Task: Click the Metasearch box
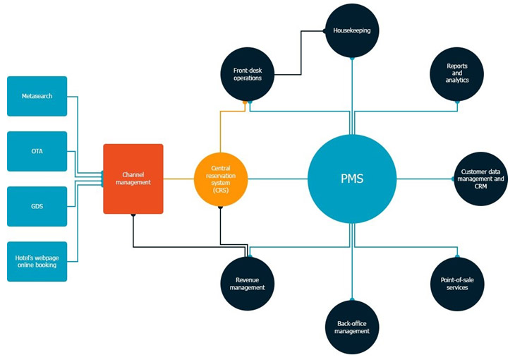(x=37, y=96)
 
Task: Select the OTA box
(x=37, y=151)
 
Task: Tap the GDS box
(x=37, y=206)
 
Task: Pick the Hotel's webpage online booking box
(x=37, y=261)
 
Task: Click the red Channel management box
(x=133, y=179)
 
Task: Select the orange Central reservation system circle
(x=221, y=179)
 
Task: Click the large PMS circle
(x=351, y=179)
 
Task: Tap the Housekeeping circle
(x=351, y=31)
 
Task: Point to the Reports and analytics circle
(x=457, y=74)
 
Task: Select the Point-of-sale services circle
(x=457, y=283)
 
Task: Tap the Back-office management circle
(x=351, y=327)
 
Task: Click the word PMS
(x=351, y=179)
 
